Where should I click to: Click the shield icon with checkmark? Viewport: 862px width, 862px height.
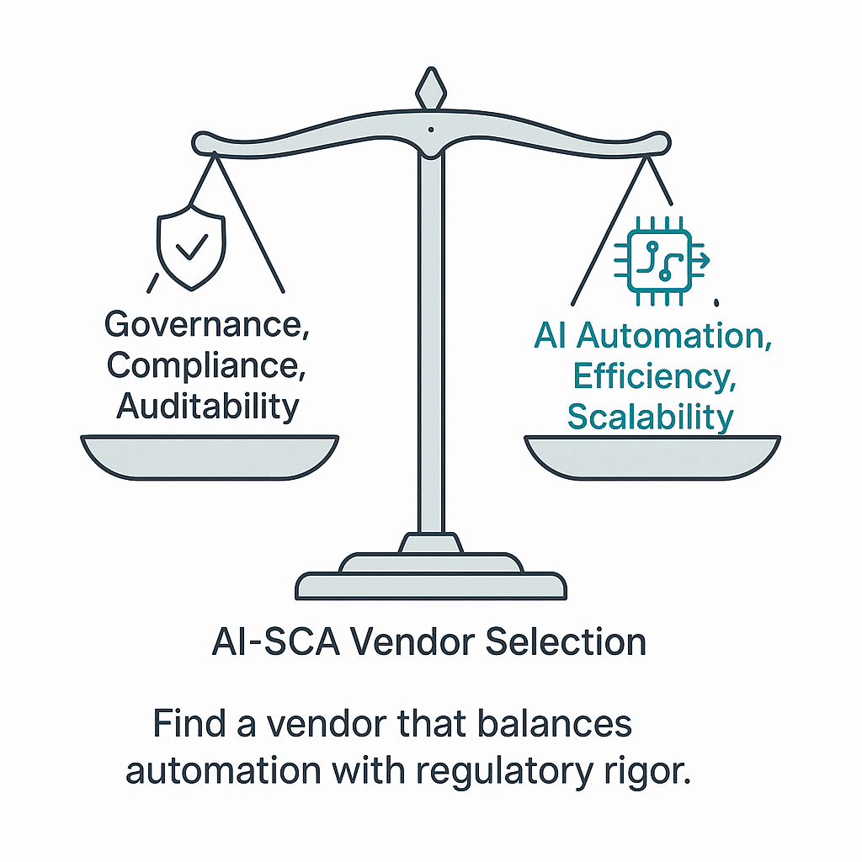click(192, 243)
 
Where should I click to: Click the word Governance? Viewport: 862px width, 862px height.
click(207, 326)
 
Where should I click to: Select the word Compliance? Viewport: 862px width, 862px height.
click(207, 365)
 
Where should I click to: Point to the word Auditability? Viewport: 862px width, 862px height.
click(208, 406)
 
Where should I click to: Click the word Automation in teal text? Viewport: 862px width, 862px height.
click(676, 337)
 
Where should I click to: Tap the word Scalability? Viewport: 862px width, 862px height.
click(650, 417)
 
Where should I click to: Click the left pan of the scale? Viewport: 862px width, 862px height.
click(209, 455)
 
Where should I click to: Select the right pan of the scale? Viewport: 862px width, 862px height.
click(652, 455)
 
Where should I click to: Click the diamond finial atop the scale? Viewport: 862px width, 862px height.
click(430, 88)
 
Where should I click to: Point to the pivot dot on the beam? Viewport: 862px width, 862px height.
click(431, 130)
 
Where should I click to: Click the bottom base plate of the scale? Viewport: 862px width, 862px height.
click(431, 583)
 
